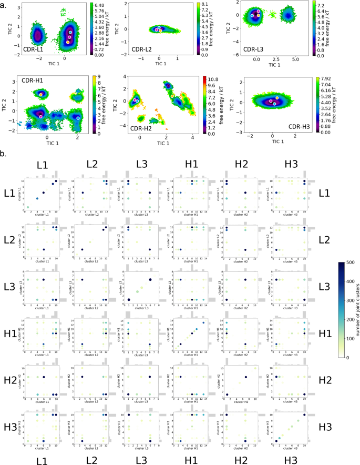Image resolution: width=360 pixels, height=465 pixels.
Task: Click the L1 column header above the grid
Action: [x=42, y=165]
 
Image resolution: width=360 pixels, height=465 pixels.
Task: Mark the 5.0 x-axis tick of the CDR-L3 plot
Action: [x=295, y=60]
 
